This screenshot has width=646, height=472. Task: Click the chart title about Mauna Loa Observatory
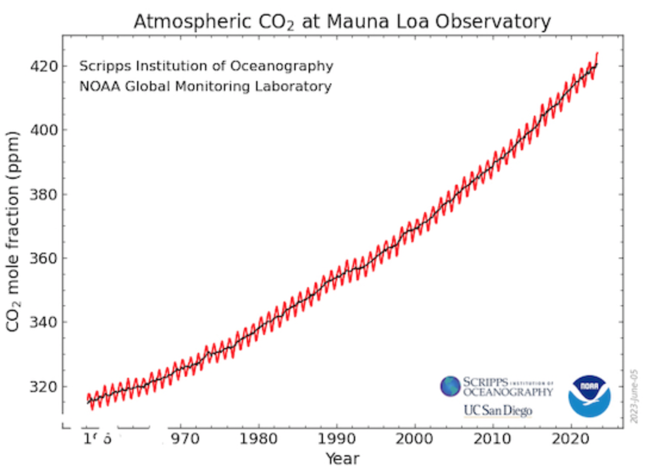pyautogui.click(x=342, y=21)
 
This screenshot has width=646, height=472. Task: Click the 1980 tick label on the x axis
pyautogui.click(x=259, y=441)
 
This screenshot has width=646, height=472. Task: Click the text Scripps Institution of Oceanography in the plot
pyautogui.click(x=206, y=66)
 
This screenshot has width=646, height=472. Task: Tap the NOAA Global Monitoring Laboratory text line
pyautogui.click(x=205, y=86)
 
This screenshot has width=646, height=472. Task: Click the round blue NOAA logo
pyautogui.click(x=589, y=395)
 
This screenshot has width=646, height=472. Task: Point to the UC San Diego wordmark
pyautogui.click(x=498, y=411)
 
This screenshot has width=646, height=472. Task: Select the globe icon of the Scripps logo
pyautogui.click(x=450, y=386)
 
